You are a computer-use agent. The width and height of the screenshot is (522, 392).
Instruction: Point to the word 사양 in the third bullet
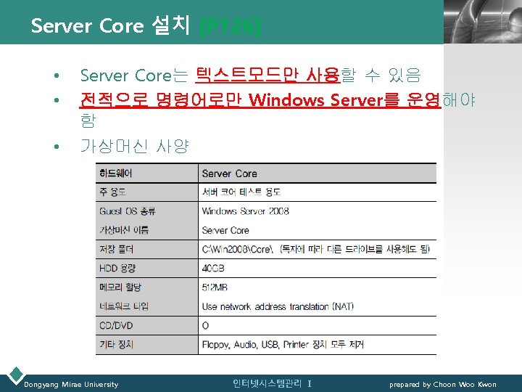(173, 146)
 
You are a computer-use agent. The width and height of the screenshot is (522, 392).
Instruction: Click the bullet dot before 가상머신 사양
(55, 147)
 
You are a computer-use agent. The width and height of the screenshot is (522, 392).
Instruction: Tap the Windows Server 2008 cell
(245, 211)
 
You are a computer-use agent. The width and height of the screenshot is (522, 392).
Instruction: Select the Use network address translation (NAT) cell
(277, 306)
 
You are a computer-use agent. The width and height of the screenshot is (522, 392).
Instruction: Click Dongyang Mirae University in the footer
(71, 384)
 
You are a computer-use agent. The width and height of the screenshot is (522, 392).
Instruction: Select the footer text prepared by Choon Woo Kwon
(442, 384)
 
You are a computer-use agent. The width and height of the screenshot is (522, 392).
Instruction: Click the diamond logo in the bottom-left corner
(14, 376)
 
